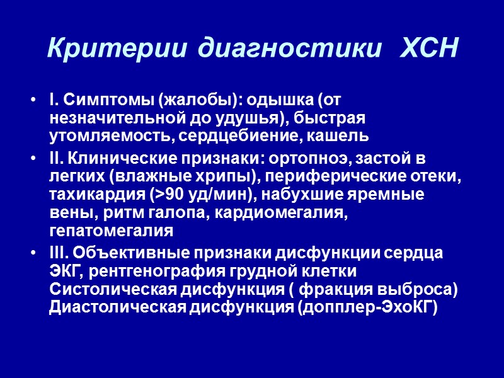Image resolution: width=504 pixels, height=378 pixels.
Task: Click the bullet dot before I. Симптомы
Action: tap(32, 101)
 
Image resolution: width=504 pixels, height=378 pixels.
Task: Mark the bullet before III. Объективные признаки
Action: tap(32, 253)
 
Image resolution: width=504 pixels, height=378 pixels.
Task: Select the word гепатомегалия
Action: tap(110, 232)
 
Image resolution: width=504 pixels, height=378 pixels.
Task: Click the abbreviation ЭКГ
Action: tap(64, 272)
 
